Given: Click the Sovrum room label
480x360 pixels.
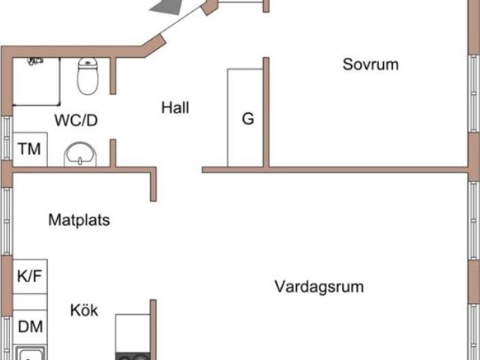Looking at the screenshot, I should (x=370, y=64).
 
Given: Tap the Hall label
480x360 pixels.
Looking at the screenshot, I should (x=175, y=108).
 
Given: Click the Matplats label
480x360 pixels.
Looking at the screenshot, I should (x=79, y=220).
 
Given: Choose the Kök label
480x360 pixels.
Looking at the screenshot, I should (x=85, y=310).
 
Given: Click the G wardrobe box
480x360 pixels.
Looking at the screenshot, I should (x=247, y=118).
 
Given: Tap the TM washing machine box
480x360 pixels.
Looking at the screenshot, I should (x=30, y=148).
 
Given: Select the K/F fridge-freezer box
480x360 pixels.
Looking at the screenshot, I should (x=30, y=276).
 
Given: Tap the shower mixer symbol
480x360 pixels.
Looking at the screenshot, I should (x=34, y=59).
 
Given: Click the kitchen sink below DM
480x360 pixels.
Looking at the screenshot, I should (x=30, y=353).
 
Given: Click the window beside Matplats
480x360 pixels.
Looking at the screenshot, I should (x=7, y=221).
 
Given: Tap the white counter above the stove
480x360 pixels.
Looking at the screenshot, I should (x=132, y=329).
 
